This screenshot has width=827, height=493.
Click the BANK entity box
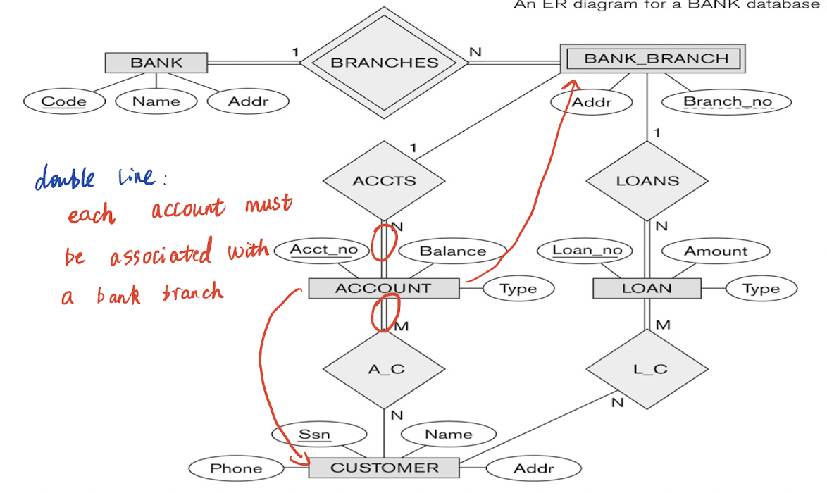click(156, 63)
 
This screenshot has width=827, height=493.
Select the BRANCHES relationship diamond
click(384, 62)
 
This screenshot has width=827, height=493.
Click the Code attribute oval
click(64, 101)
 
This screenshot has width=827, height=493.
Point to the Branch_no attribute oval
click(727, 101)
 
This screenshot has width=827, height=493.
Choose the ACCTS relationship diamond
click(384, 181)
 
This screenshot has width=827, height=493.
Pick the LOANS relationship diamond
click(647, 181)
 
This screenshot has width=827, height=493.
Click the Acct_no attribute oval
click(323, 250)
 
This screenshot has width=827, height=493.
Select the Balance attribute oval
click(452, 251)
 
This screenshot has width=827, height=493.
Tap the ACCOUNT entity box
click(383, 288)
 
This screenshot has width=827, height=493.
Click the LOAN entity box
click(646, 288)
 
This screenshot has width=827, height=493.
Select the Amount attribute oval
click(716, 251)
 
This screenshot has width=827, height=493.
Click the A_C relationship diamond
click(384, 370)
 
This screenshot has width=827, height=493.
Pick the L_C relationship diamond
click(646, 370)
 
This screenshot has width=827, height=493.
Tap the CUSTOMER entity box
click(384, 468)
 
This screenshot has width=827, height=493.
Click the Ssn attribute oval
click(315, 435)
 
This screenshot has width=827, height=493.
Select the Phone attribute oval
click(236, 468)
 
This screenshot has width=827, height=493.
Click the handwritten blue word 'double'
click(64, 179)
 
